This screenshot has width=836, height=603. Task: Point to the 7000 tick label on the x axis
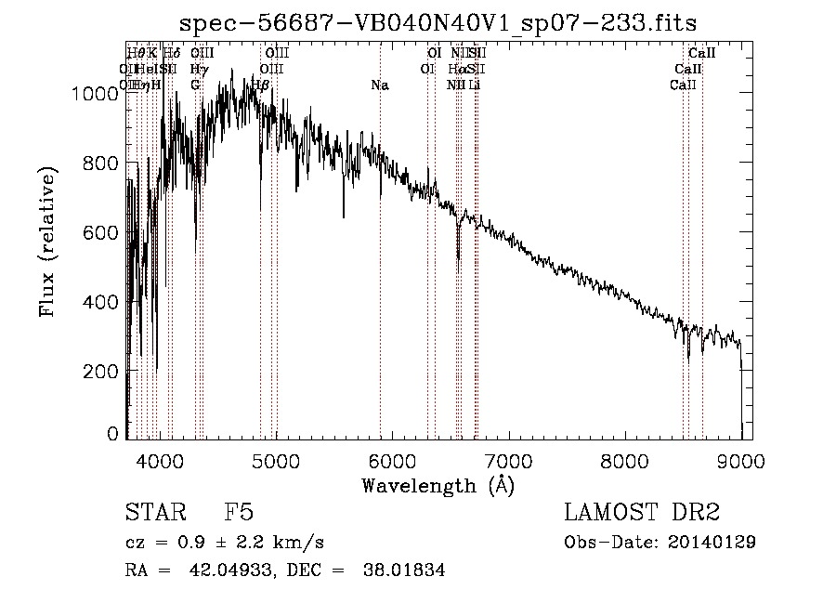pos(508,459)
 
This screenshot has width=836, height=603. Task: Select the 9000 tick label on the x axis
pos(740,459)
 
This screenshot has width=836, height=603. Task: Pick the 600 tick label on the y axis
pos(103,232)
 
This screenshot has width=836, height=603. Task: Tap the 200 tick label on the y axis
pos(103,372)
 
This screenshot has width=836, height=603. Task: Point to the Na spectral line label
pos(379,85)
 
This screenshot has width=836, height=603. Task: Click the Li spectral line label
pos(475,85)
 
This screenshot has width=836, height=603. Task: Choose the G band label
pos(195,85)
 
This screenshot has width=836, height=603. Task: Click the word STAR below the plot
pos(156,513)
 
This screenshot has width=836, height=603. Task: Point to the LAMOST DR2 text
pos(642,513)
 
